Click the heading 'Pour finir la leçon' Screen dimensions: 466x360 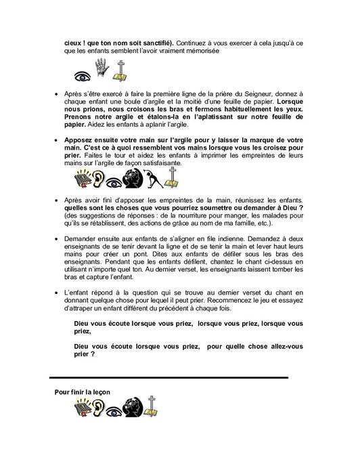(82, 392)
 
